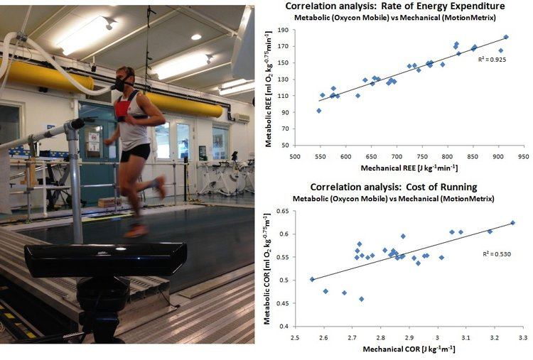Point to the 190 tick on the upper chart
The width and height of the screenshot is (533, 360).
click(281, 31)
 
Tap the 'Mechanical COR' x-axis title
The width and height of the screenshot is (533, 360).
click(410, 349)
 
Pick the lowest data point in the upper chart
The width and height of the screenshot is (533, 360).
click(318, 111)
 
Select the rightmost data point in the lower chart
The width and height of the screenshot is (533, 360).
click(512, 223)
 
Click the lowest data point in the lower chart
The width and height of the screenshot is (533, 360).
click(361, 299)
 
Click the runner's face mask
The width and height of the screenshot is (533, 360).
click(119, 83)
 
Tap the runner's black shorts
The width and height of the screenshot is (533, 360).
click(134, 151)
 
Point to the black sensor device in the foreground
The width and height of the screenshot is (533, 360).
click(106, 260)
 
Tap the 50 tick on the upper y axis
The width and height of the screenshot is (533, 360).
click(283, 145)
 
